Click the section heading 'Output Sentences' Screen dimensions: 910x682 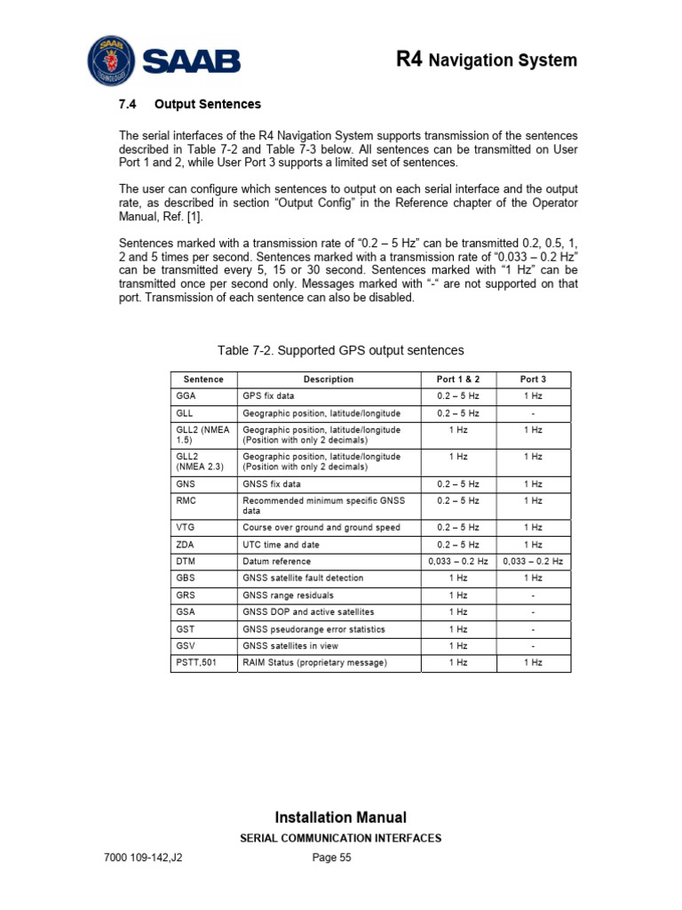coord(207,104)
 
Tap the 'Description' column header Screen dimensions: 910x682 coord(328,379)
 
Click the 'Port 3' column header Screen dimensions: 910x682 coord(532,379)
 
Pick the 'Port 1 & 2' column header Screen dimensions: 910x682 coord(458,379)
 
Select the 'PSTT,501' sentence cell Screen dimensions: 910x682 coord(197,663)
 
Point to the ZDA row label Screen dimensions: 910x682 coord(185,545)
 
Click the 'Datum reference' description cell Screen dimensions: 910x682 coord(277,562)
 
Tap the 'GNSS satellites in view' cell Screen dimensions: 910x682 coord(290,646)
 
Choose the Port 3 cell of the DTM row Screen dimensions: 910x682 coord(532,562)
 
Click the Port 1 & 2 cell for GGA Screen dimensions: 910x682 coord(458,395)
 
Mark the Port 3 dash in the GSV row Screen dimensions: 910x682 coord(532,646)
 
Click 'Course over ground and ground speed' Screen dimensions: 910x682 coord(321,527)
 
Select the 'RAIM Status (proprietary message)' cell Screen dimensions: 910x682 coord(314,663)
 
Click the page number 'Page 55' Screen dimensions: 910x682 coord(332,858)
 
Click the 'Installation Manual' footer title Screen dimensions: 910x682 coord(341,818)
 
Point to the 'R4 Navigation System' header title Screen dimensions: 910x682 coord(486,60)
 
